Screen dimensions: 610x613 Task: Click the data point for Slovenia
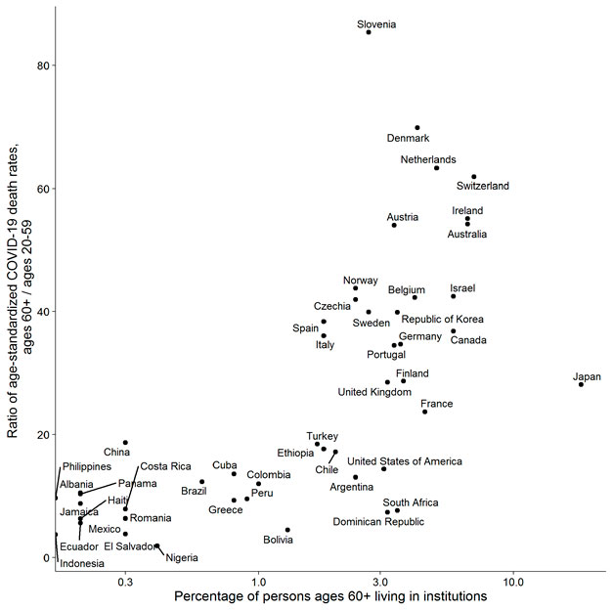(369, 32)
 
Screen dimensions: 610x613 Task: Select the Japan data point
(581, 384)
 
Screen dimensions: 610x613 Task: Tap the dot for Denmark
(417, 128)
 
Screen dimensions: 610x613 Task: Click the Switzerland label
(483, 186)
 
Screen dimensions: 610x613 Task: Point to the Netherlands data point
(436, 168)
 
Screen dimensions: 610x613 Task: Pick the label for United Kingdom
(374, 392)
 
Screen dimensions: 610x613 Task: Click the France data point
(425, 412)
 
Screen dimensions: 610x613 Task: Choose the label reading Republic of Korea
(443, 320)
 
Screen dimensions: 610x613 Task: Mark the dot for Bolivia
(287, 530)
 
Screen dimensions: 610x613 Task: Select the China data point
(125, 443)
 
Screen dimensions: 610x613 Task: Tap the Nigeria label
(182, 557)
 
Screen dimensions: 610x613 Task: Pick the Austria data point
(394, 225)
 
